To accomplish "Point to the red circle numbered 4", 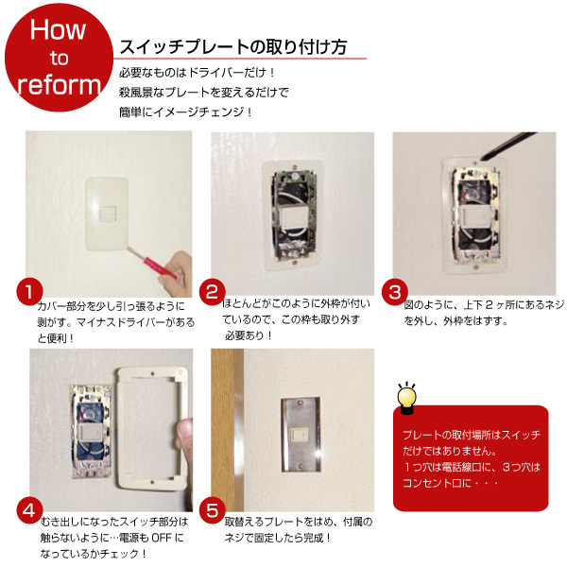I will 30,509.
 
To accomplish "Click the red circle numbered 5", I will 213,509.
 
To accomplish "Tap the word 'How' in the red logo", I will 59,29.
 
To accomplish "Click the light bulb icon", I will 406,396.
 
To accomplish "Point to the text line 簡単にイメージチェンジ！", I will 188,112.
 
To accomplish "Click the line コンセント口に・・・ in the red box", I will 450,483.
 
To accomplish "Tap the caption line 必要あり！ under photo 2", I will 249,335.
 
